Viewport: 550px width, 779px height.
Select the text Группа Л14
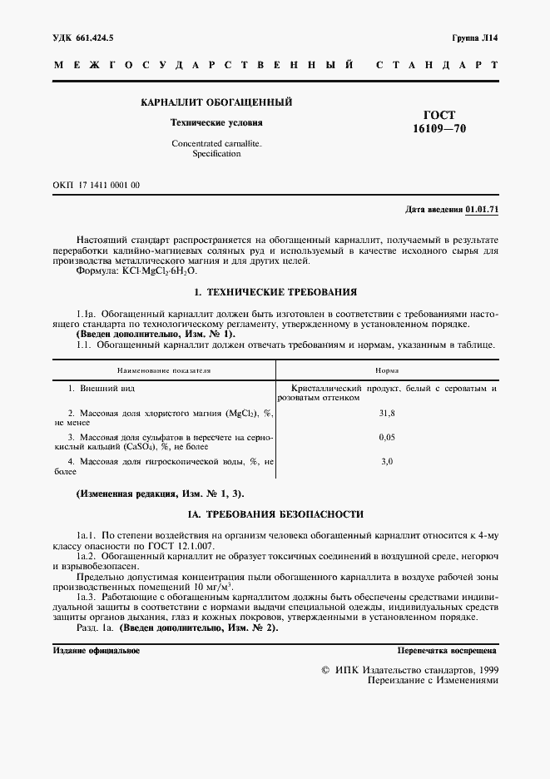tap(475, 38)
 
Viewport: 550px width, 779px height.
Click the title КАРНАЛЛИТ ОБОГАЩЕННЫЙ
tap(216, 102)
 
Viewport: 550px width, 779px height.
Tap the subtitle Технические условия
tap(216, 122)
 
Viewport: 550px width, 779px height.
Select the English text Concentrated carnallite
tap(216, 143)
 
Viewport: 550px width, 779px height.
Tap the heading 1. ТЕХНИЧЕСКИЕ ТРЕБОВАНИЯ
tap(275, 292)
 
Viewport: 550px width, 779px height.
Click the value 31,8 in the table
tap(386, 413)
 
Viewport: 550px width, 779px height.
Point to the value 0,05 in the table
tap(386, 436)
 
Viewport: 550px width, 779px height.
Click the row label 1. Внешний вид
tap(102, 389)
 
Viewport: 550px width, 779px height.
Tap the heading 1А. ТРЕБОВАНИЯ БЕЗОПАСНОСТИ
tap(275, 514)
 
